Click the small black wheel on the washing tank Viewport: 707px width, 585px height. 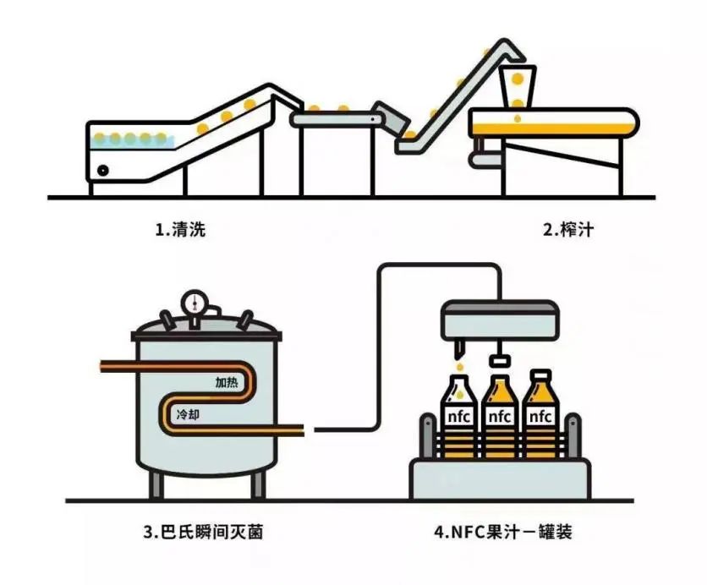point(103,170)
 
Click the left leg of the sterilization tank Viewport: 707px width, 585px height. point(156,484)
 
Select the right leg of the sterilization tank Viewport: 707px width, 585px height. point(255,484)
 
